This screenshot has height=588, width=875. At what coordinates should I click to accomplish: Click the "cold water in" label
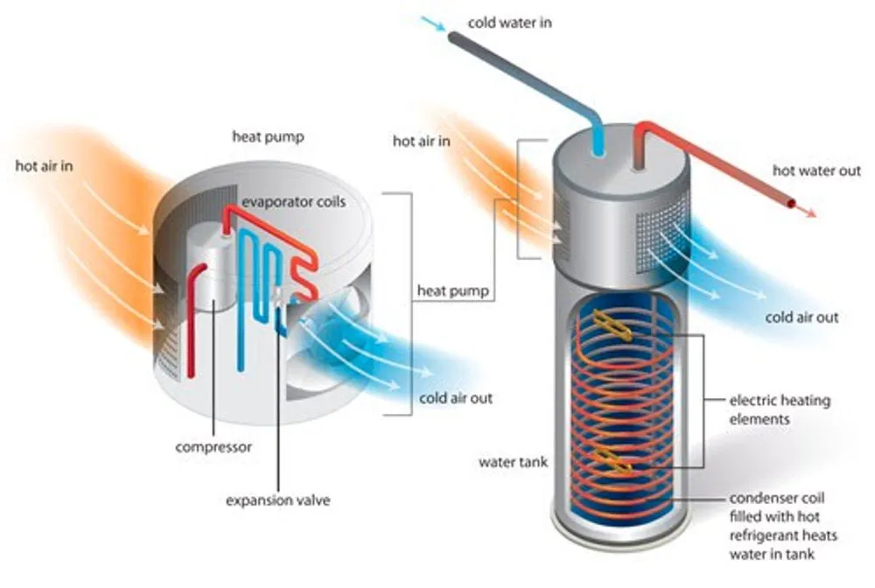pyautogui.click(x=510, y=22)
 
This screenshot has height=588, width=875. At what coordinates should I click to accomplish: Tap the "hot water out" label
pyautogui.click(x=816, y=171)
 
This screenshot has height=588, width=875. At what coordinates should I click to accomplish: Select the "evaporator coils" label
pyautogui.click(x=295, y=202)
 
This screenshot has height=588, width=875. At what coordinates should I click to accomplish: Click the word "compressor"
pyautogui.click(x=213, y=447)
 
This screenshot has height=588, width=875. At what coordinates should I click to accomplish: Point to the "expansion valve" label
pyautogui.click(x=278, y=500)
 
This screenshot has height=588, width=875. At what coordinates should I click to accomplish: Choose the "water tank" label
pyautogui.click(x=514, y=461)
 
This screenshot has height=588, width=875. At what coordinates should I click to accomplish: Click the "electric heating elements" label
pyautogui.click(x=780, y=410)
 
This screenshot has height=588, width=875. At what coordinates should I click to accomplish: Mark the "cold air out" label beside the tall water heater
pyautogui.click(x=801, y=318)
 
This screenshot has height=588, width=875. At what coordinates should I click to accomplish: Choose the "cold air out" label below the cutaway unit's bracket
pyautogui.click(x=456, y=398)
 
